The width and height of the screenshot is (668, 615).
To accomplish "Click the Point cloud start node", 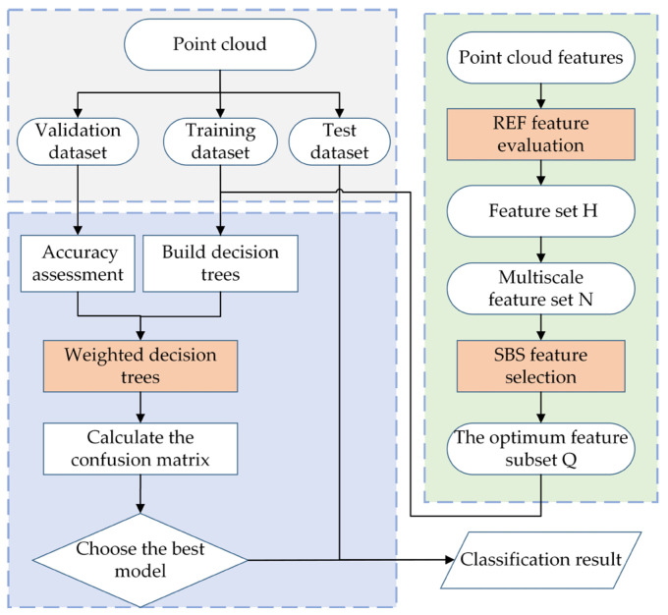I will click(221, 45).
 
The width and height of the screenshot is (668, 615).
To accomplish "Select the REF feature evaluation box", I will click(541, 135).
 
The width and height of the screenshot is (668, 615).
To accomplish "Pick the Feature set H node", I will click(541, 209).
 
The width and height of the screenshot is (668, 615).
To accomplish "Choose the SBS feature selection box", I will click(541, 361).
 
